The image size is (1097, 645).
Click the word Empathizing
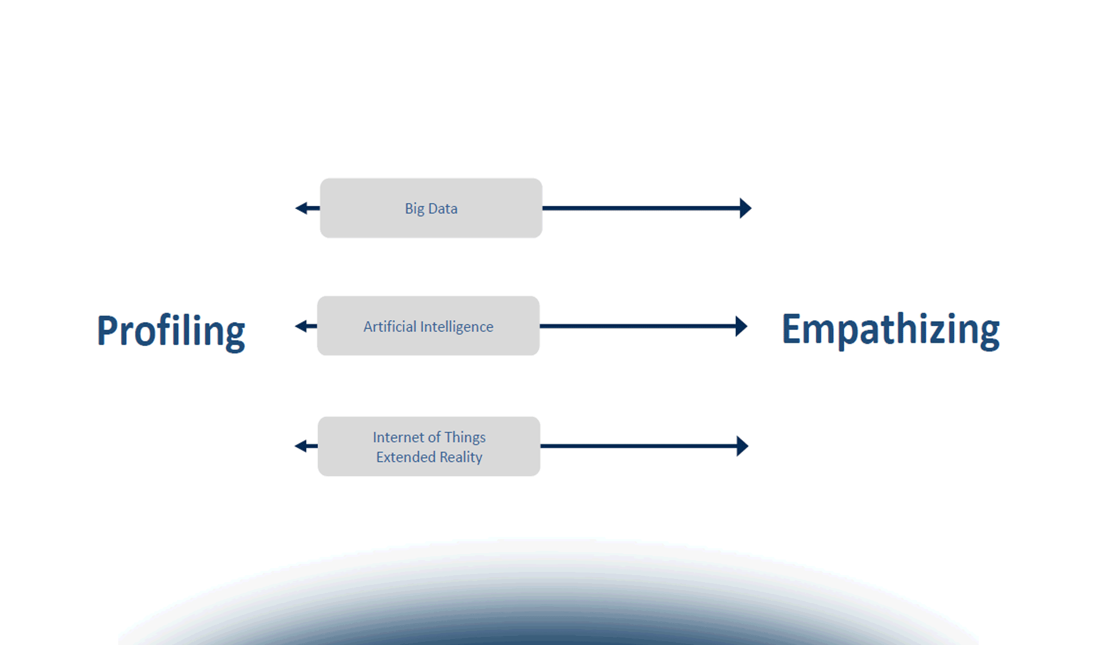pyautogui.click(x=890, y=329)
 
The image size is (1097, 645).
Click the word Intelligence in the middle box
pyautogui.click(x=457, y=327)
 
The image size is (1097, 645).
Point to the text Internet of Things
pyautogui.click(x=429, y=438)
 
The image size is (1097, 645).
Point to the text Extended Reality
pyautogui.click(x=429, y=457)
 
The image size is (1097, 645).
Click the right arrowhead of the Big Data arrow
pyautogui.click(x=745, y=208)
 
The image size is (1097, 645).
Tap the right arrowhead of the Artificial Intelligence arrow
pyautogui.click(x=742, y=326)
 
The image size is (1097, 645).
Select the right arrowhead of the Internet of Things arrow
pyautogui.click(x=743, y=446)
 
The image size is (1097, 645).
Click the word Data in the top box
pyautogui.click(x=443, y=209)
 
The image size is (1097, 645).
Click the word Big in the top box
pyautogui.click(x=415, y=209)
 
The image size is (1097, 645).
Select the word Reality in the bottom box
pyautogui.click(x=461, y=457)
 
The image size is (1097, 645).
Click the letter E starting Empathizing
pyautogui.click(x=791, y=329)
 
